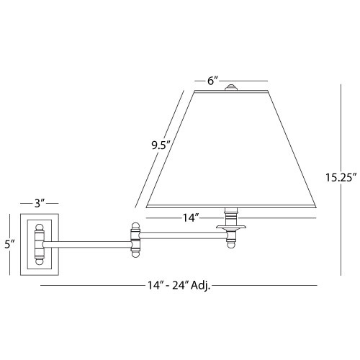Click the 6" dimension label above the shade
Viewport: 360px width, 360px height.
(x=212, y=81)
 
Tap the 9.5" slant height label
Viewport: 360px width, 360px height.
(x=161, y=145)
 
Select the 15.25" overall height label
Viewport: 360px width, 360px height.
(x=340, y=178)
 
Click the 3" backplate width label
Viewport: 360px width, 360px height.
(x=40, y=204)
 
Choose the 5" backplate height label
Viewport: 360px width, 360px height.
(x=10, y=244)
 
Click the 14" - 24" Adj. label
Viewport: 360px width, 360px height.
(x=179, y=286)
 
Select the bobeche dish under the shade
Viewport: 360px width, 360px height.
(x=231, y=227)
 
